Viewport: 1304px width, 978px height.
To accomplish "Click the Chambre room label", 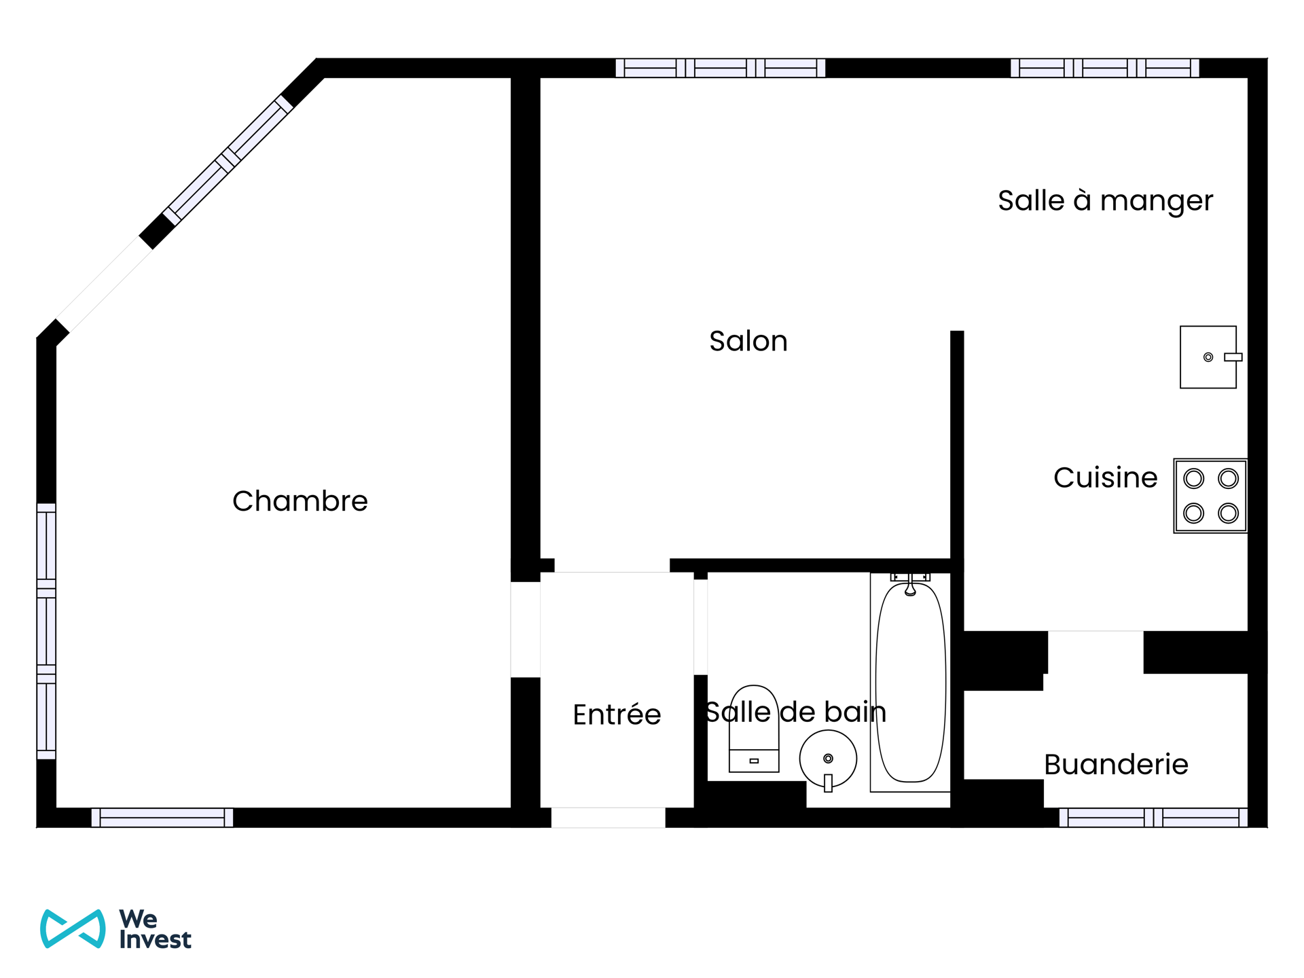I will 300,501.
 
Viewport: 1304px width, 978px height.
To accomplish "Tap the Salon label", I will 748,341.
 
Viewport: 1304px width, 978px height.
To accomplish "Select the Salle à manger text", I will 1105,201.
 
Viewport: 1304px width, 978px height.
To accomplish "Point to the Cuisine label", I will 1105,477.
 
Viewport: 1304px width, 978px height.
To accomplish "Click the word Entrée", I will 617,714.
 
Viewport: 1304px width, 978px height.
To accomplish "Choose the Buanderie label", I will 1116,765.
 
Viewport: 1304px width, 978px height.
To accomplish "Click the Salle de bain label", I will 796,712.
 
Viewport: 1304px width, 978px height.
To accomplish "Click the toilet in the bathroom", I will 754,730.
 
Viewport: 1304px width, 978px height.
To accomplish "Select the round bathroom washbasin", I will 828,759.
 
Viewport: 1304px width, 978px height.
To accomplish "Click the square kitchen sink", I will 1208,357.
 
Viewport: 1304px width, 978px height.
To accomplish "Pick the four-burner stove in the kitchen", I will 1210,496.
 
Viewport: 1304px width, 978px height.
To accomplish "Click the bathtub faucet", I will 910,584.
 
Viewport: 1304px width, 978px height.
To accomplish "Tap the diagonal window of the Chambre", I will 228,160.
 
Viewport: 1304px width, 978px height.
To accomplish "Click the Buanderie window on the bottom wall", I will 1153,817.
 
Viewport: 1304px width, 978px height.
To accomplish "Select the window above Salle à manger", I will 1104,68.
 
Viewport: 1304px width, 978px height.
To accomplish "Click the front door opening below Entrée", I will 608,817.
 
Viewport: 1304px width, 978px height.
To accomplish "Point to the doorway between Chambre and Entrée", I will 525,630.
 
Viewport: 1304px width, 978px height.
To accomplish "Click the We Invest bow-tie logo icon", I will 73,928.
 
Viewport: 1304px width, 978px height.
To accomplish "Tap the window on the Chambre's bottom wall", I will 162,817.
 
